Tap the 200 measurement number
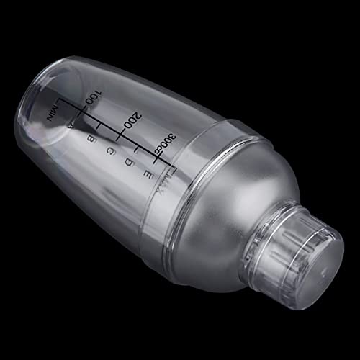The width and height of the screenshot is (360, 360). point(132,120)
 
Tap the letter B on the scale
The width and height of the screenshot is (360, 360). point(91,139)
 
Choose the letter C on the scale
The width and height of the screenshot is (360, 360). point(111,151)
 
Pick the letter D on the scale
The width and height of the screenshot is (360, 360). point(130,163)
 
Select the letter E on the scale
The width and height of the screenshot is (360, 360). point(148,175)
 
